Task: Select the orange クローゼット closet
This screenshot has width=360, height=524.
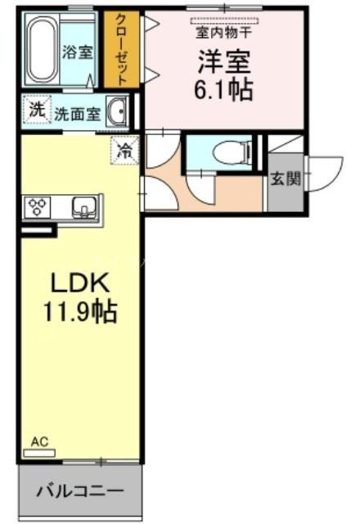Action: [x=122, y=49]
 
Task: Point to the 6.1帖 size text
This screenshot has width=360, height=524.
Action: [x=223, y=88]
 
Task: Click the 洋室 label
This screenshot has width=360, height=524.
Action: [x=223, y=61]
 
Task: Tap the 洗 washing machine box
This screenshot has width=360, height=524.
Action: [x=35, y=109]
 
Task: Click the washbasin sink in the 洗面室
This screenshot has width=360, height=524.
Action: [x=118, y=111]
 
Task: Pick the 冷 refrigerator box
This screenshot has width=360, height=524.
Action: [x=124, y=150]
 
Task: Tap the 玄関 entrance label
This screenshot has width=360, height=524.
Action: [x=285, y=178]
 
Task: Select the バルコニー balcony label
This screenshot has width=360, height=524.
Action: [x=80, y=492]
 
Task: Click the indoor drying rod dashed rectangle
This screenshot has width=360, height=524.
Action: [x=225, y=20]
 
